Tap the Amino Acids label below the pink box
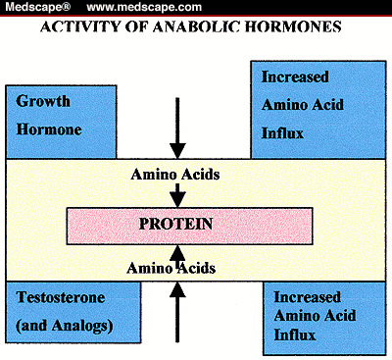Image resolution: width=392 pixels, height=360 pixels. coord(178,266)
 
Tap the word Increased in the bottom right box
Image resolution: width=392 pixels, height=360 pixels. coord(304,295)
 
